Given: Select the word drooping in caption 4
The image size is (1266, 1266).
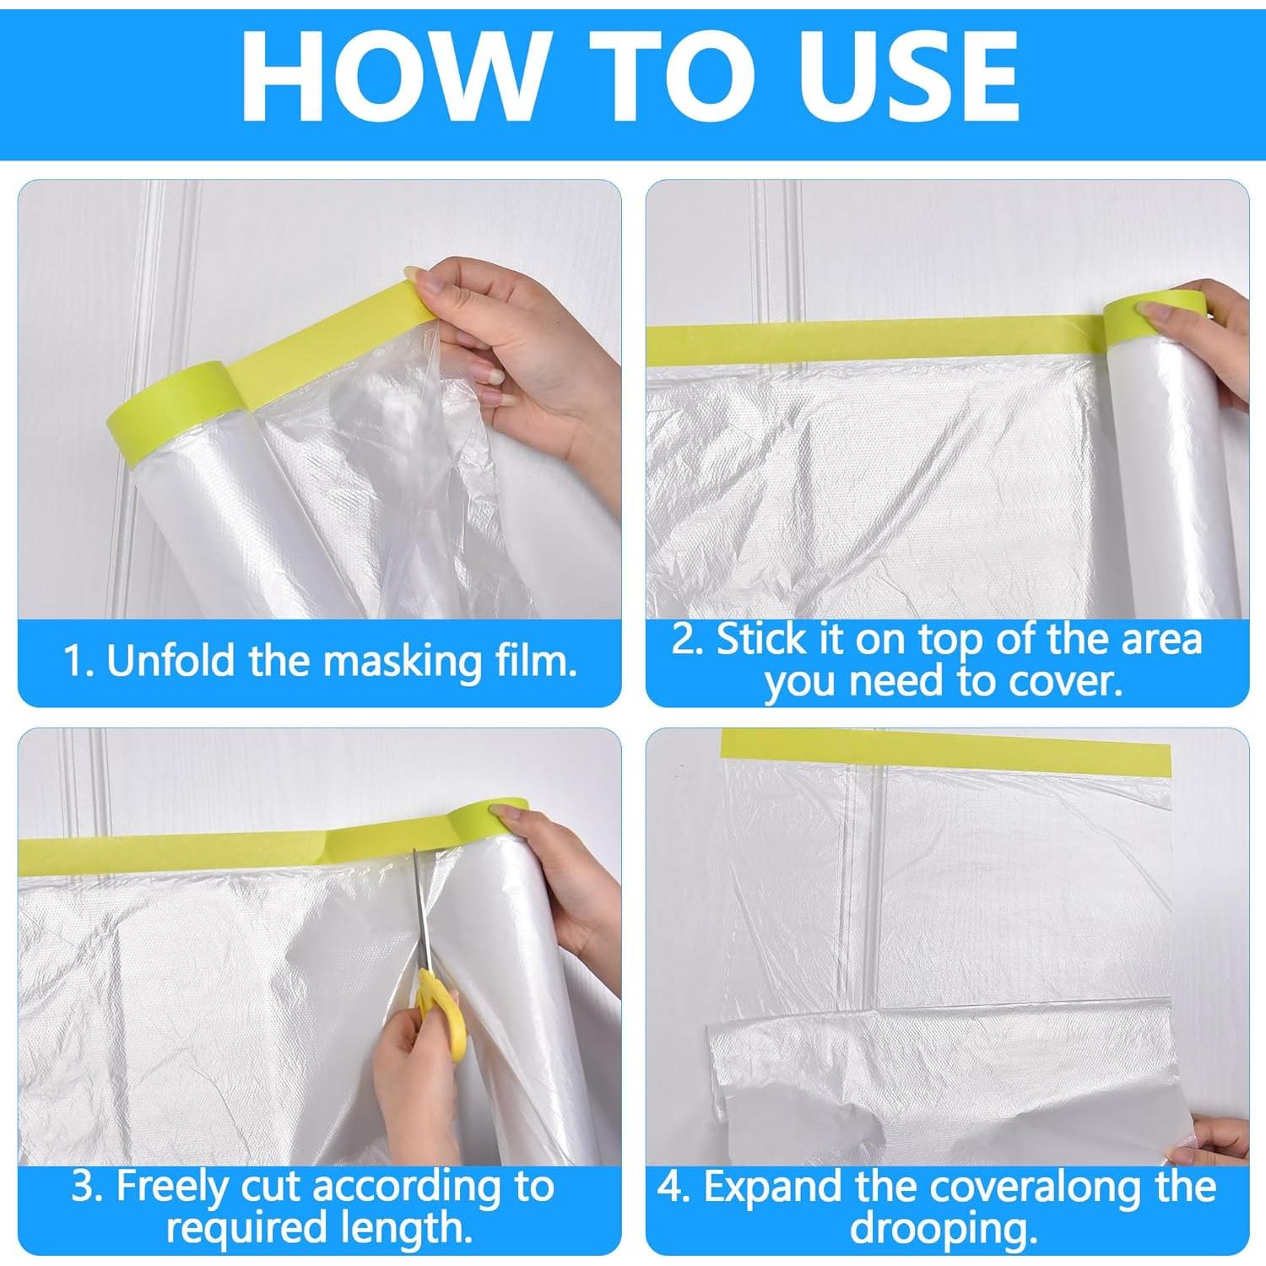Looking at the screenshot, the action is tap(944, 1229).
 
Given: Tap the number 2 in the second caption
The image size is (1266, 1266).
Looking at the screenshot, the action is tap(684, 640).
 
